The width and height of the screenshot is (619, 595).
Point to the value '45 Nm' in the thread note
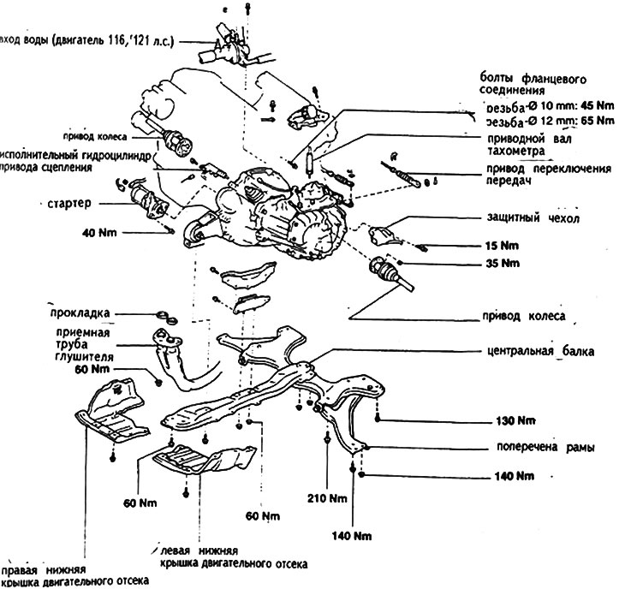[x=571, y=107]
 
